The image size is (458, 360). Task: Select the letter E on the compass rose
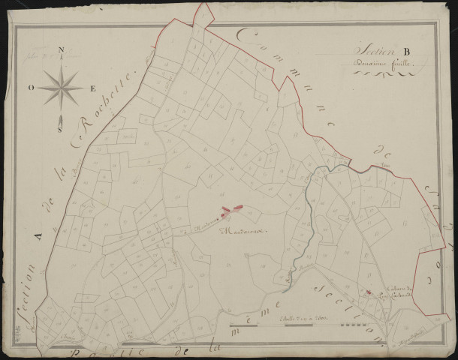92,88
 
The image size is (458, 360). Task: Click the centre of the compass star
62,88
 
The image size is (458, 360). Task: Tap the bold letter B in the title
405,52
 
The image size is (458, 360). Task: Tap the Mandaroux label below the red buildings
240,232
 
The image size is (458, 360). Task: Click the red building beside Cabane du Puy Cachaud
368,292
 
